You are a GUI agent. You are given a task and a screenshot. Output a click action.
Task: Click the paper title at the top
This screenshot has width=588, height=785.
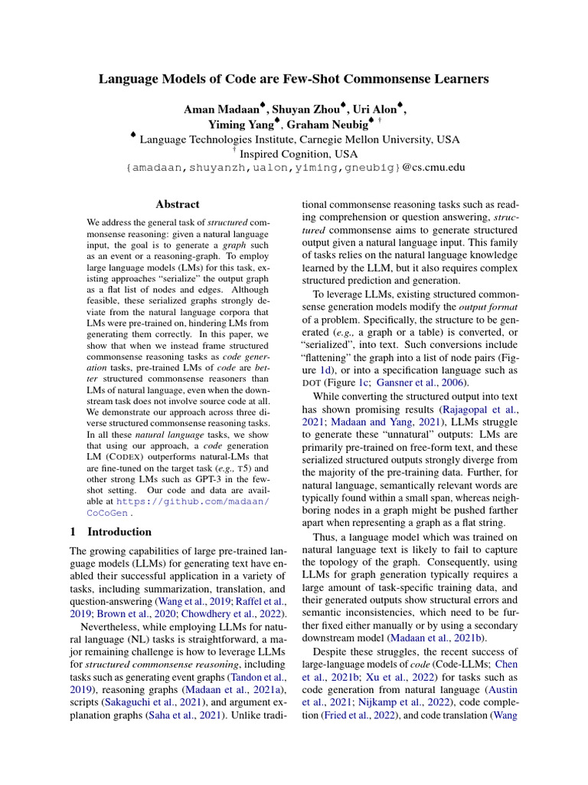pos(294,79)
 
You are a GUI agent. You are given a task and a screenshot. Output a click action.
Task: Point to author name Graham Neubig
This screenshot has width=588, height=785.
pos(333,124)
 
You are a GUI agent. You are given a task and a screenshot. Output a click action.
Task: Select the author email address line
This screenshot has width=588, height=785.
pos(294,168)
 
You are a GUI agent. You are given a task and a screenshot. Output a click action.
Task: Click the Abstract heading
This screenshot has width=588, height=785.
pos(177,205)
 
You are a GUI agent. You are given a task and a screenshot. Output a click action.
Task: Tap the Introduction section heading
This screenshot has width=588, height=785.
pos(119,532)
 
